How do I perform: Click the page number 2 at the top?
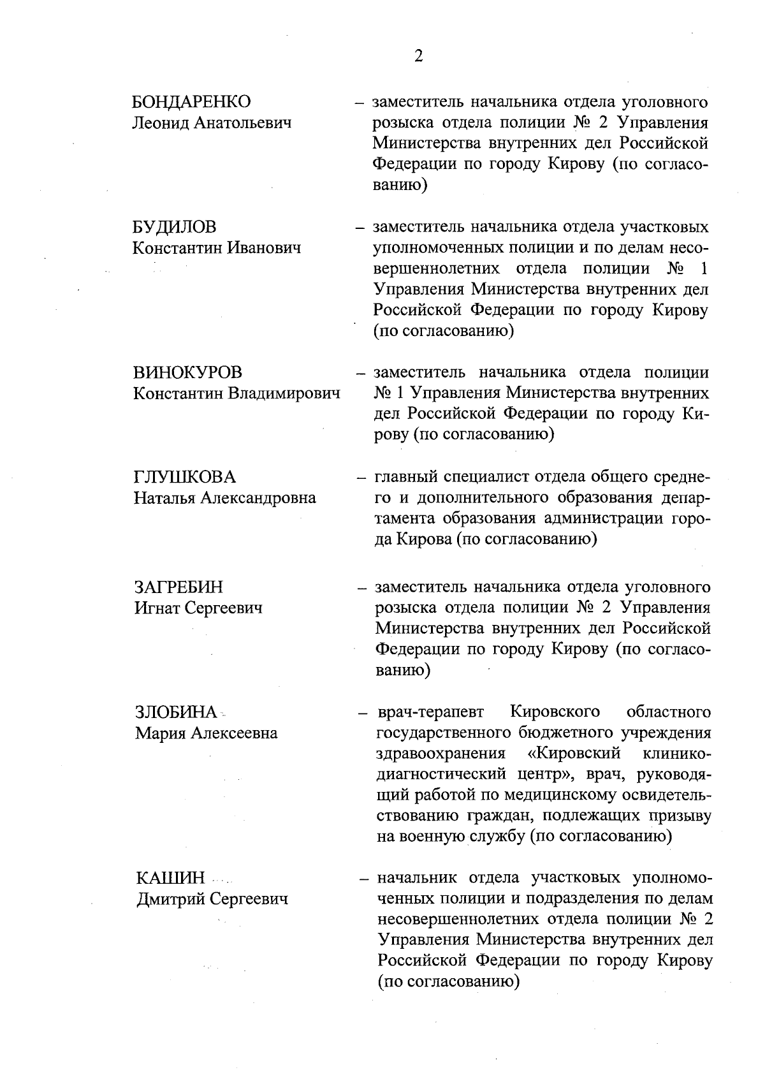click(418, 57)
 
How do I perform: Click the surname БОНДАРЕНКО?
click(191, 102)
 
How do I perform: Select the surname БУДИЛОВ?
click(175, 227)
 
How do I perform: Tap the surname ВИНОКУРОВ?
click(188, 373)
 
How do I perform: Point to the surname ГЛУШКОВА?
click(184, 477)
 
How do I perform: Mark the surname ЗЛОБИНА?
click(177, 712)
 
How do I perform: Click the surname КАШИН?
click(171, 878)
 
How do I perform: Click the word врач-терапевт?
click(430, 712)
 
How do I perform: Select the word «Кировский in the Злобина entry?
click(575, 754)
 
